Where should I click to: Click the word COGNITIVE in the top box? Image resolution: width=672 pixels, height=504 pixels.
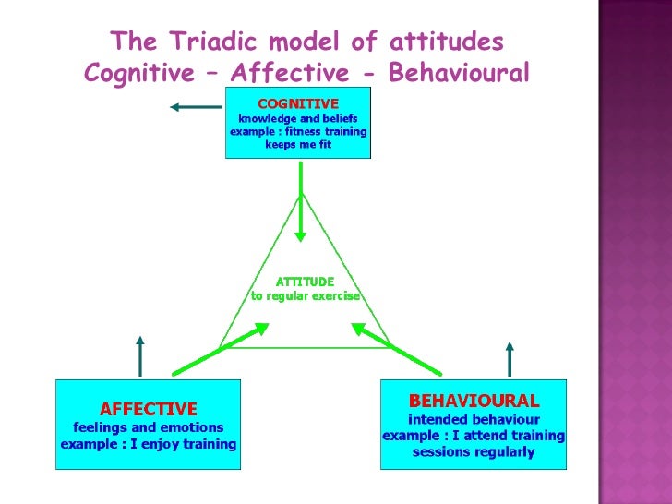pos(297,103)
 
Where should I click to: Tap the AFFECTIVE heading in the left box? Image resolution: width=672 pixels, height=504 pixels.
pos(149,408)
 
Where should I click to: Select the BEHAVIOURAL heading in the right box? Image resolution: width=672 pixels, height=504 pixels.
pos(474,401)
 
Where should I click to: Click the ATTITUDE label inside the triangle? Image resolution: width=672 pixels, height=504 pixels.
pos(306,281)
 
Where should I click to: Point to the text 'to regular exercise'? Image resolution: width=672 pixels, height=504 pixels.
pos(306,296)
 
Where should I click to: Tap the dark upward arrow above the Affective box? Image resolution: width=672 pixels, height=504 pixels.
pos(140,355)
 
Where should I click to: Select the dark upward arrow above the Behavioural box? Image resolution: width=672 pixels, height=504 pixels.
pos(509,359)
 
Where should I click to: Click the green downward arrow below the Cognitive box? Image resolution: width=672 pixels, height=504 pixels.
pos(300,222)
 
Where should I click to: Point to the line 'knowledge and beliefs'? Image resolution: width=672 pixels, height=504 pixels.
pos(298,118)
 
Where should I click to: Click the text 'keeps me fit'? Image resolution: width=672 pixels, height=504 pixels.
pos(298,145)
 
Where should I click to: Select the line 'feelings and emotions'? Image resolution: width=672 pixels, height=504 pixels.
pos(149,427)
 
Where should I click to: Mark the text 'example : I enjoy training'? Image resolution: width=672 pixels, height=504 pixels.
pos(149,444)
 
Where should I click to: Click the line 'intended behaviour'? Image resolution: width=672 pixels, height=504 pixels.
pos(474,419)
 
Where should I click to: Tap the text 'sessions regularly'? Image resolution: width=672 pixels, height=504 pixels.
pos(474,451)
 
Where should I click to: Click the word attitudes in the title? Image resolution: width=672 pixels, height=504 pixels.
pos(447,42)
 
